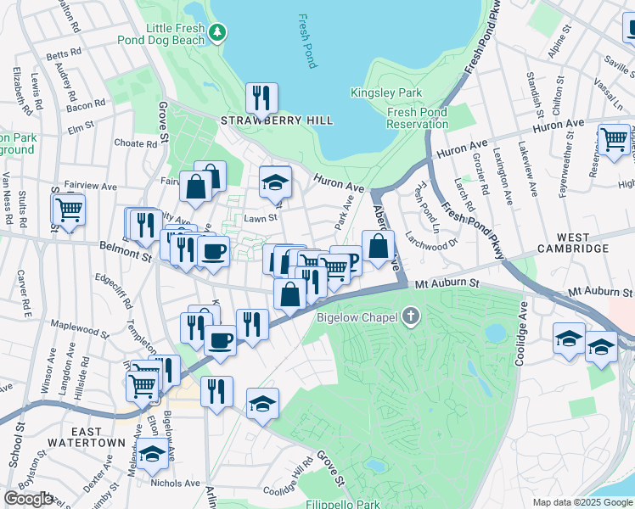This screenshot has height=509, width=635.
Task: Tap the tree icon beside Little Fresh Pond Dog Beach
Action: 219,32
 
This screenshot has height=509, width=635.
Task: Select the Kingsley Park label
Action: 374,92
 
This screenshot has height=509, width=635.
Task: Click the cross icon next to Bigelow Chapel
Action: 410,317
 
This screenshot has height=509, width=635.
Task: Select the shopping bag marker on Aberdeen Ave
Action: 378,247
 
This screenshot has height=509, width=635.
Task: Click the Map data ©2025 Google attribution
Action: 582,502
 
